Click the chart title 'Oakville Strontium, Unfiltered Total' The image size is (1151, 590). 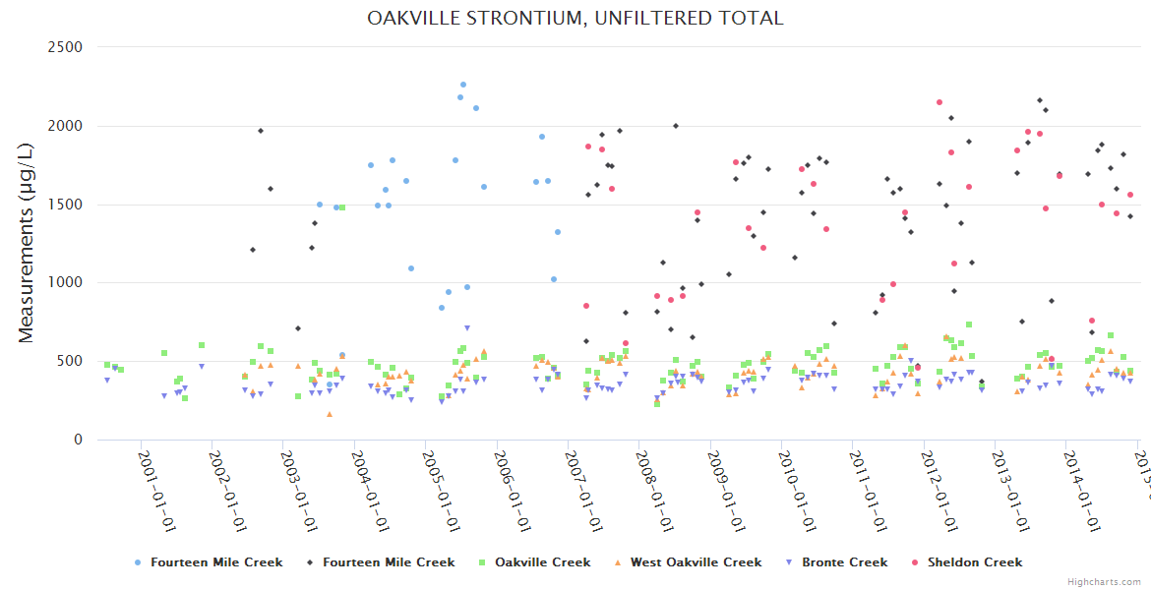pos(575,18)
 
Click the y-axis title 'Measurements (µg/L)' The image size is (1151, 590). pos(27,243)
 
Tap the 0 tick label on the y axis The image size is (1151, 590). pos(78,440)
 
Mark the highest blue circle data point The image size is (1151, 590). pos(463,85)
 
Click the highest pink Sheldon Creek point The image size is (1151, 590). pos(939,102)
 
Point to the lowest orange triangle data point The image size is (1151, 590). pos(330,414)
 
